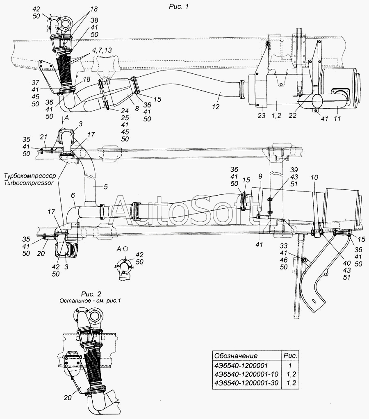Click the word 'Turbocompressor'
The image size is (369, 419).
[30, 183]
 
